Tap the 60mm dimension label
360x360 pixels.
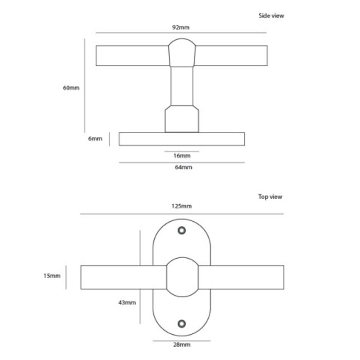point(71,87)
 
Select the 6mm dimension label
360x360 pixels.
point(96,139)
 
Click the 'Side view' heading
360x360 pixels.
point(271,15)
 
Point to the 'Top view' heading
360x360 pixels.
point(270,196)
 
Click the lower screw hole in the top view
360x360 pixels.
point(181,323)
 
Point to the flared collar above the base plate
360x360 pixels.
point(182,119)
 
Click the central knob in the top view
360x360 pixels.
point(182,277)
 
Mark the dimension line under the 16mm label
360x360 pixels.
point(182,151)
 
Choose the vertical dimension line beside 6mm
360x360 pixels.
point(110,139)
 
